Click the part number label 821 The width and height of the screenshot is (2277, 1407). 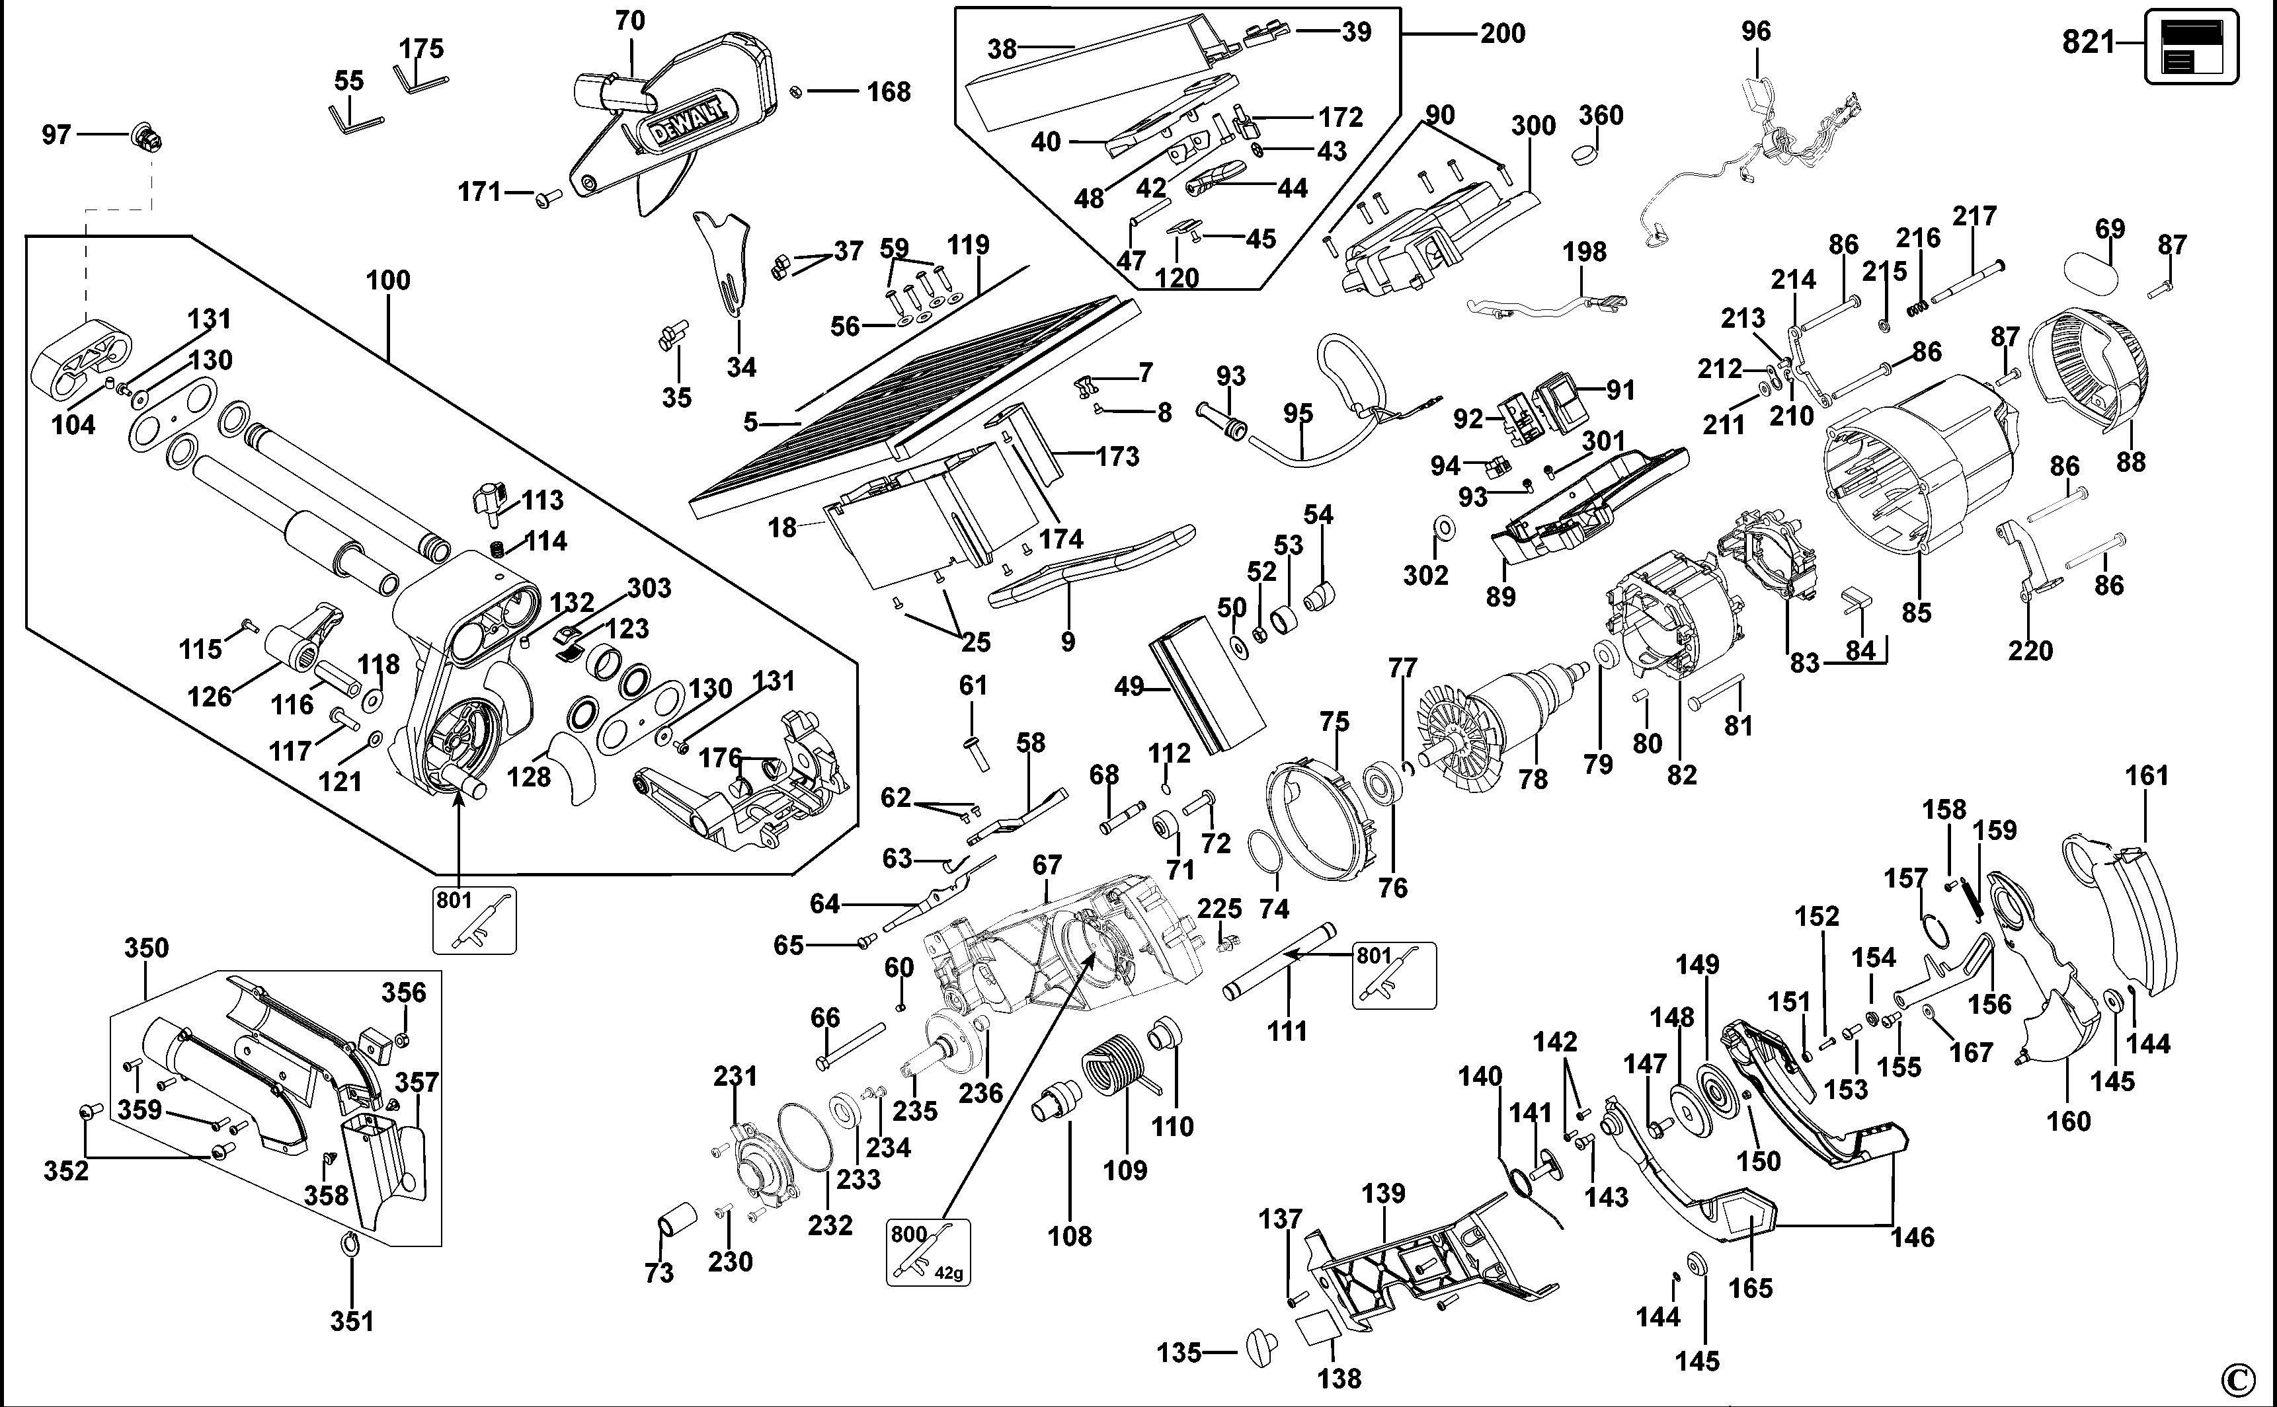pos(2088,42)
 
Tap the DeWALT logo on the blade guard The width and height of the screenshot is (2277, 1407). pos(686,122)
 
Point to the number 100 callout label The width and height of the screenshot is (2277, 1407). pos(387,280)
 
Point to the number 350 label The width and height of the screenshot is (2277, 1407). pos(146,948)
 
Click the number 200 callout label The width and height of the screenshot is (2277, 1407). pos(1503,34)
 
